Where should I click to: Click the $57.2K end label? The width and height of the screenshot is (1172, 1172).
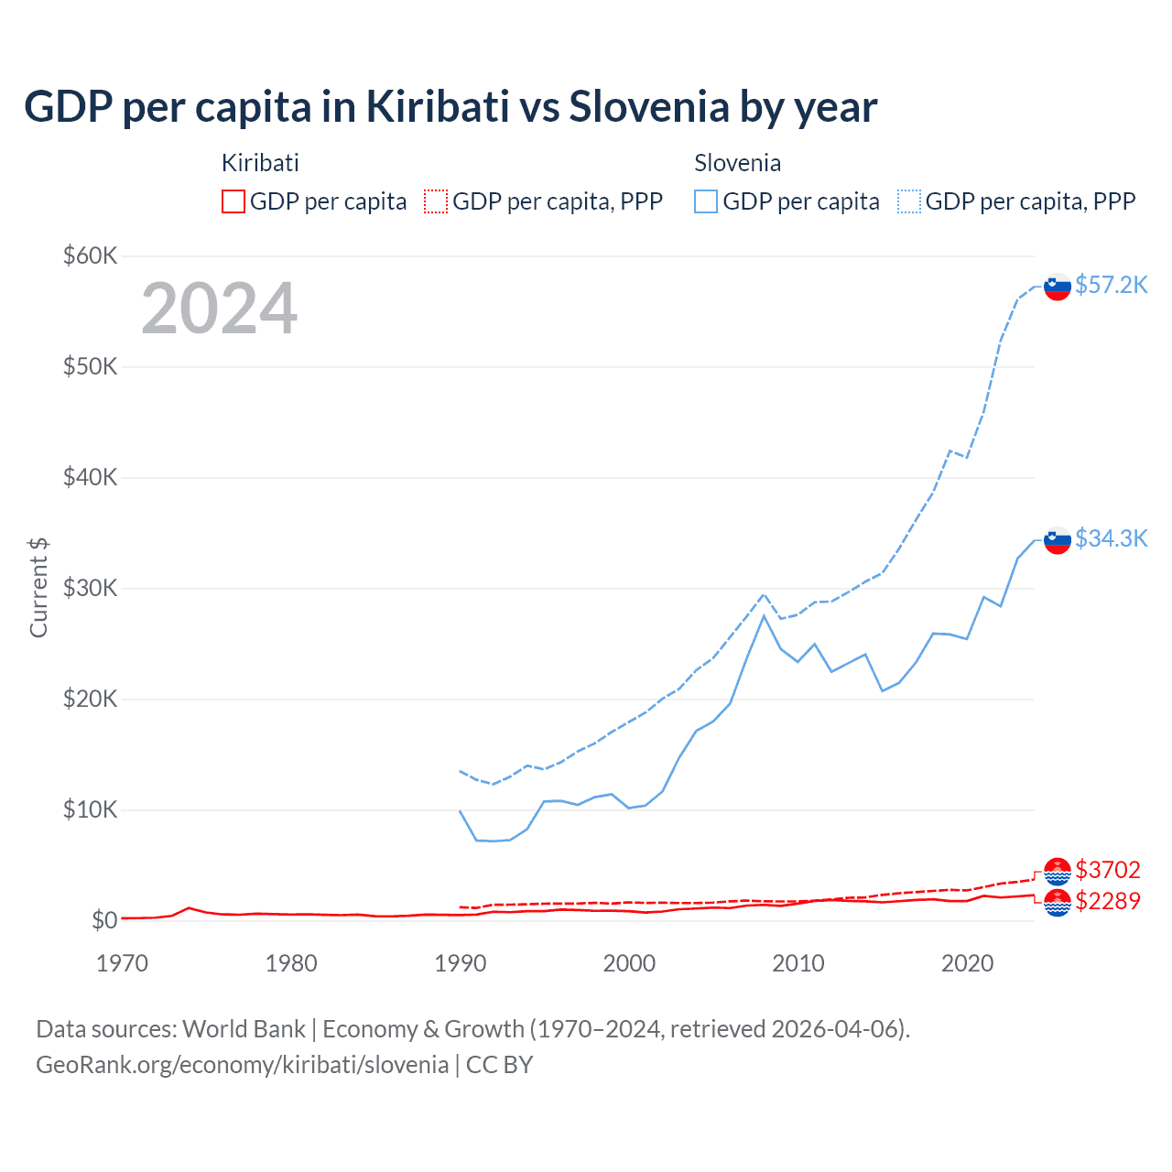pyautogui.click(x=1111, y=285)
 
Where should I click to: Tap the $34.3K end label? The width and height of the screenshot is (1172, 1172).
pyautogui.click(x=1111, y=538)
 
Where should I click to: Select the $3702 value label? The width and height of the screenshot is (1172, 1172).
pyautogui.click(x=1108, y=869)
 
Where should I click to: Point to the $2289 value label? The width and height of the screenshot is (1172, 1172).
pyautogui.click(x=1108, y=901)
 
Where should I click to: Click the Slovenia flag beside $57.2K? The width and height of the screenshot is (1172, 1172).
pyautogui.click(x=1058, y=287)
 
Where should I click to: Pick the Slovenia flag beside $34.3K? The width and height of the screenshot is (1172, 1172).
pyautogui.click(x=1058, y=540)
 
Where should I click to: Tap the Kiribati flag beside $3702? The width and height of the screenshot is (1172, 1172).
pyautogui.click(x=1058, y=871)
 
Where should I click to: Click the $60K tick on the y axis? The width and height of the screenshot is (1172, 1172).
pyautogui.click(x=90, y=255)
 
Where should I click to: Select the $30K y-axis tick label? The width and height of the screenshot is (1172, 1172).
pyautogui.click(x=90, y=588)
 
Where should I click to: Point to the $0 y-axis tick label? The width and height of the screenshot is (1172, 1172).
pyautogui.click(x=103, y=920)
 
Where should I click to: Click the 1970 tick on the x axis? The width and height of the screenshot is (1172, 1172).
pyautogui.click(x=122, y=963)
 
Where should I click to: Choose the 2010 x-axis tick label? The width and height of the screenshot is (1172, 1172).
pyautogui.click(x=798, y=963)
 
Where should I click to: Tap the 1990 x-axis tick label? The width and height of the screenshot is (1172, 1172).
pyautogui.click(x=461, y=963)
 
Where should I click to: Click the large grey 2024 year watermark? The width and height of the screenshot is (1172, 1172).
pyautogui.click(x=220, y=309)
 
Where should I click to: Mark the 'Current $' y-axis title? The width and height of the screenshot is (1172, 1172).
pyautogui.click(x=38, y=588)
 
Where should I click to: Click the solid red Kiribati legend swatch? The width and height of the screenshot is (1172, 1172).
pyautogui.click(x=233, y=201)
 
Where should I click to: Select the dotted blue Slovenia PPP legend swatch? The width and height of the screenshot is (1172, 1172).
pyautogui.click(x=909, y=201)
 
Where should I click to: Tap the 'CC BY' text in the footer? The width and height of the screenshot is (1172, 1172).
pyautogui.click(x=499, y=1065)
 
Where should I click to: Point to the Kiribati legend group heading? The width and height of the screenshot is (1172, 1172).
pyautogui.click(x=260, y=163)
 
